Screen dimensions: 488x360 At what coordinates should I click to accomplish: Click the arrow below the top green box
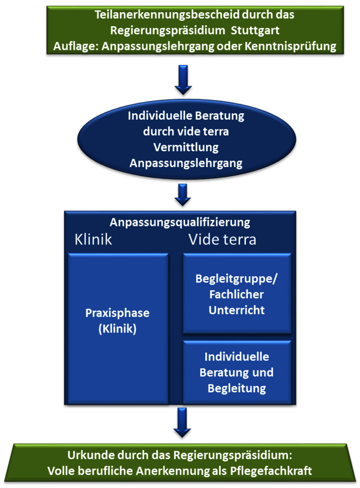pos(183,79)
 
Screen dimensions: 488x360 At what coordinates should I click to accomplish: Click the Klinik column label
pos(93,239)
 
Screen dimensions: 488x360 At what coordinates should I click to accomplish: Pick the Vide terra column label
pos(222,239)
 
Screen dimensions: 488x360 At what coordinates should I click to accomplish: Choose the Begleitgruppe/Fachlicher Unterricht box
pos(237,294)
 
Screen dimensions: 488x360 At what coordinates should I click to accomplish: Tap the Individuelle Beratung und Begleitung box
pos(237,372)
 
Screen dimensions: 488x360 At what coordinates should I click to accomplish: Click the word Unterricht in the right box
pos(237,310)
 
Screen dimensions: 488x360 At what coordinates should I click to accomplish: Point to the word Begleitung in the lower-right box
pos(237,388)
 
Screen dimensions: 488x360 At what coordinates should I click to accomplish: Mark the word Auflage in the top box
pos(72,47)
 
